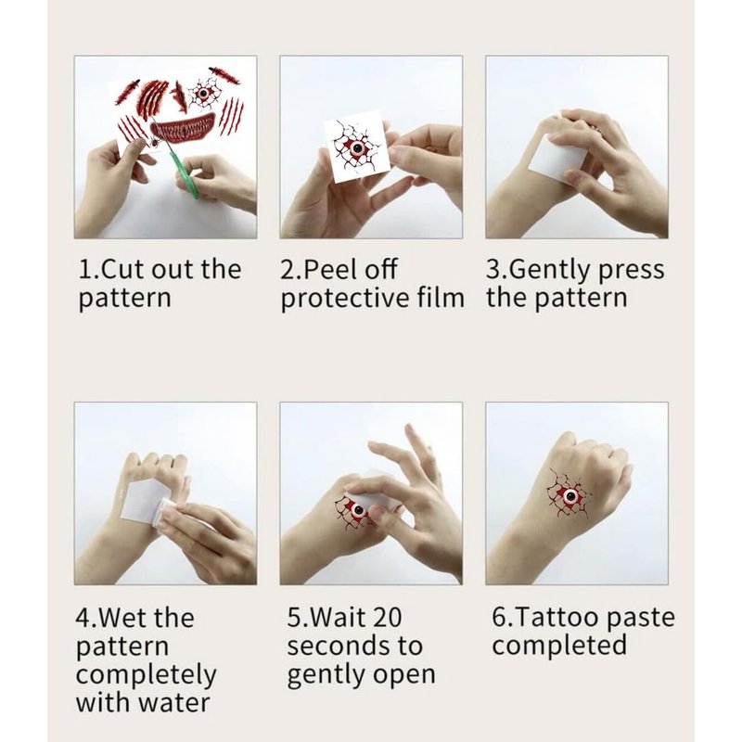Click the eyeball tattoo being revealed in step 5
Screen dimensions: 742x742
coord(356,512)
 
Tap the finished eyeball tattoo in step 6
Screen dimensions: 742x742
coord(569,496)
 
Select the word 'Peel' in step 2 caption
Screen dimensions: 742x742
coord(326,269)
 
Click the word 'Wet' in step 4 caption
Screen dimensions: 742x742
coord(124,618)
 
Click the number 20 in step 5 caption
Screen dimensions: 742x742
coord(387,618)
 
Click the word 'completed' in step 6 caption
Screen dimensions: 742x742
coord(559,646)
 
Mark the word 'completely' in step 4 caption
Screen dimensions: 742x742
coord(147,676)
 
